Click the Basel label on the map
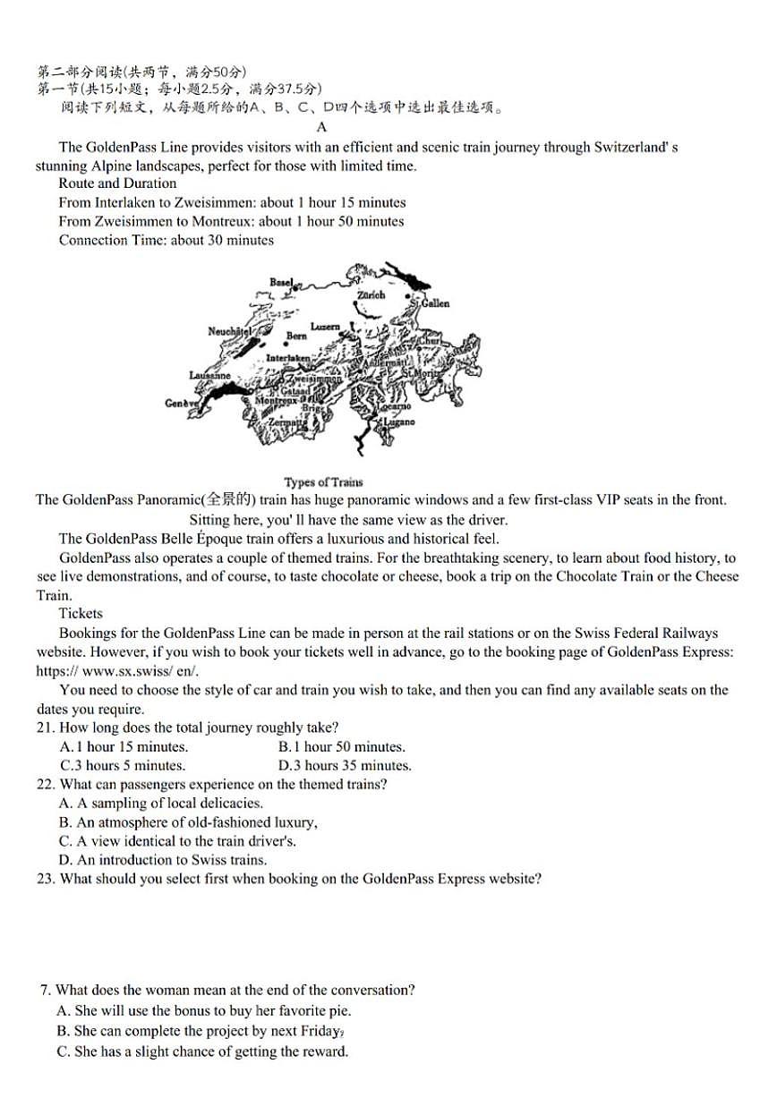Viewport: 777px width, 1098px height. pos(281,282)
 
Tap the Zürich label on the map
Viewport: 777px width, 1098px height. pos(371,294)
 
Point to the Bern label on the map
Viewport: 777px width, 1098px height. pos(296,336)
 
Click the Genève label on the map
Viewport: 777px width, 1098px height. pos(181,404)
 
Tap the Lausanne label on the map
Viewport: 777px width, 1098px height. pos(209,375)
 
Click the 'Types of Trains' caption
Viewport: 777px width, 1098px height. pos(323,482)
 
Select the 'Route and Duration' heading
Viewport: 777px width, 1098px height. pos(117,183)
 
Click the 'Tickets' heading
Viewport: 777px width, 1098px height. pos(81,614)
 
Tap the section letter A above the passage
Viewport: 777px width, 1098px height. pos(322,127)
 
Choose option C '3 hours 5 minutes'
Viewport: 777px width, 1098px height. pos(123,765)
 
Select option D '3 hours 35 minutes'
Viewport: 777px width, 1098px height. pos(345,765)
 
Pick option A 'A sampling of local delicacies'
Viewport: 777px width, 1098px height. pos(161,803)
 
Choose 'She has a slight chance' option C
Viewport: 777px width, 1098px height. pos(201,1051)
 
